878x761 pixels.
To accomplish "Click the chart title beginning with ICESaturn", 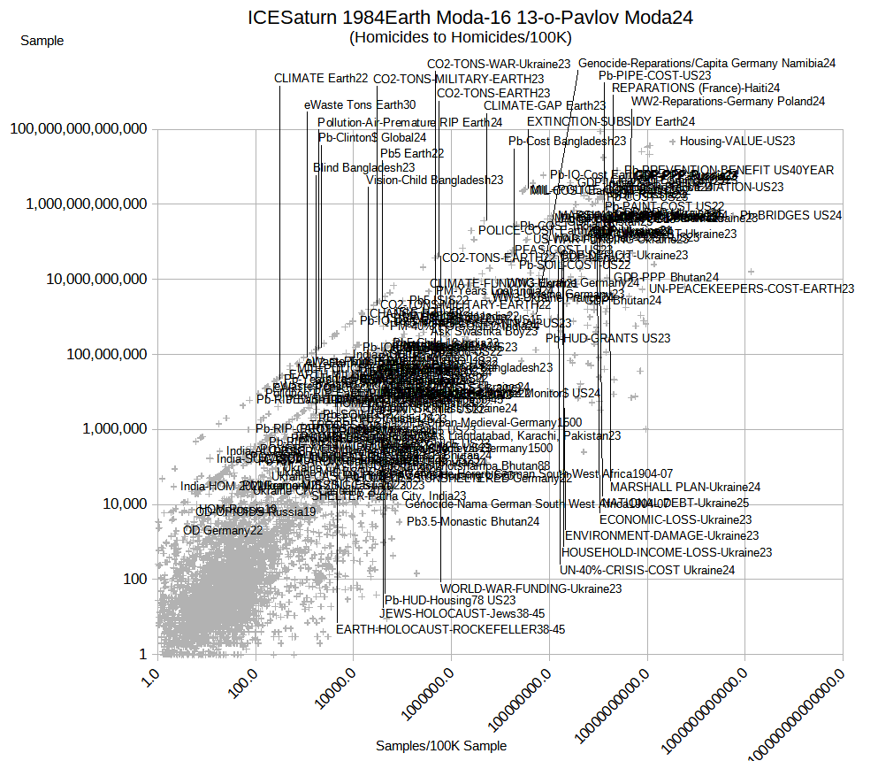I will tap(470, 18).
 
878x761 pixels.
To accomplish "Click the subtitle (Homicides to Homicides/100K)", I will tap(461, 37).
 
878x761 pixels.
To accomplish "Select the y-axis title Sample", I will tap(42, 41).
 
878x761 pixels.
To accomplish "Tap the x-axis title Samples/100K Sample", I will tap(441, 746).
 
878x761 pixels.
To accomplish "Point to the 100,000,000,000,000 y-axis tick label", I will tap(79, 129).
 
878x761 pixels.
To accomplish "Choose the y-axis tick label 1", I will tap(142, 655).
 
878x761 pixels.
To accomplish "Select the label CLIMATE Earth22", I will tap(321, 79).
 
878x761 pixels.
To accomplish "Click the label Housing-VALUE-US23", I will tap(737, 141).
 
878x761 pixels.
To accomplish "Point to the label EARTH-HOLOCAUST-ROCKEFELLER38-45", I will tap(450, 630).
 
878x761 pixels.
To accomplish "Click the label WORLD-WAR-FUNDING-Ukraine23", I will tap(531, 588).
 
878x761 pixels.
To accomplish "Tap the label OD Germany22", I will tap(223, 531).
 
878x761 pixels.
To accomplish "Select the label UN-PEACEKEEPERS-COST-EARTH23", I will tap(752, 288).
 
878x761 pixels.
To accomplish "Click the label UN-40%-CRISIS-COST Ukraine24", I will tap(647, 570).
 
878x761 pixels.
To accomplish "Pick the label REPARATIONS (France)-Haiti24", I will tap(696, 88).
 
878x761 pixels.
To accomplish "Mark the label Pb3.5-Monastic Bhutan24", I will tap(473, 522).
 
